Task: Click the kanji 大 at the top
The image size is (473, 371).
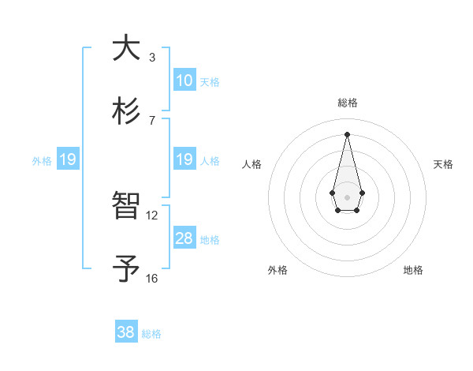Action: pyautogui.click(x=125, y=48)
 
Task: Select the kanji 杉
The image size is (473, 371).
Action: pyautogui.click(x=125, y=112)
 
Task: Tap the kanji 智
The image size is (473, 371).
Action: pyautogui.click(x=125, y=206)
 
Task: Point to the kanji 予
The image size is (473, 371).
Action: pyautogui.click(x=125, y=269)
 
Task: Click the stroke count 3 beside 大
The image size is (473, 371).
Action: pyautogui.click(x=152, y=58)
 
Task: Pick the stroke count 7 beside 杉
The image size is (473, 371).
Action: pyautogui.click(x=152, y=121)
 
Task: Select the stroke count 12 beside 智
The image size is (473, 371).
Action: pyautogui.click(x=152, y=215)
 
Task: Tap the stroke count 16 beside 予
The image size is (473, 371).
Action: pyautogui.click(x=152, y=278)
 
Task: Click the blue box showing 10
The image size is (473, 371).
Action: pyautogui.click(x=184, y=81)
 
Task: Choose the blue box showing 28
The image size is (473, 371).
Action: pyautogui.click(x=184, y=238)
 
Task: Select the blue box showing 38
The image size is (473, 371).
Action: pyautogui.click(x=126, y=332)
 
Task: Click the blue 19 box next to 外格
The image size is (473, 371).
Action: pyautogui.click(x=68, y=159)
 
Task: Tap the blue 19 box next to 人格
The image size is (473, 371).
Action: pyautogui.click(x=184, y=159)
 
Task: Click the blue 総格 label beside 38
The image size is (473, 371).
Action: pyautogui.click(x=151, y=334)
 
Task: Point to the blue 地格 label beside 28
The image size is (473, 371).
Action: pyautogui.click(x=210, y=240)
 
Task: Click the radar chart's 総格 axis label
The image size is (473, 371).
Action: pyautogui.click(x=347, y=103)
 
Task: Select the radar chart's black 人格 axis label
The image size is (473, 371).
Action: pyautogui.click(x=252, y=164)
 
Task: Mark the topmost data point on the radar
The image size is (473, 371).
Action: pyautogui.click(x=347, y=134)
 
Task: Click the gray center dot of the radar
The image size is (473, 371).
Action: pyautogui.click(x=347, y=196)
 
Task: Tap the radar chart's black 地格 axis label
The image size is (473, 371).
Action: pyautogui.click(x=413, y=270)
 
